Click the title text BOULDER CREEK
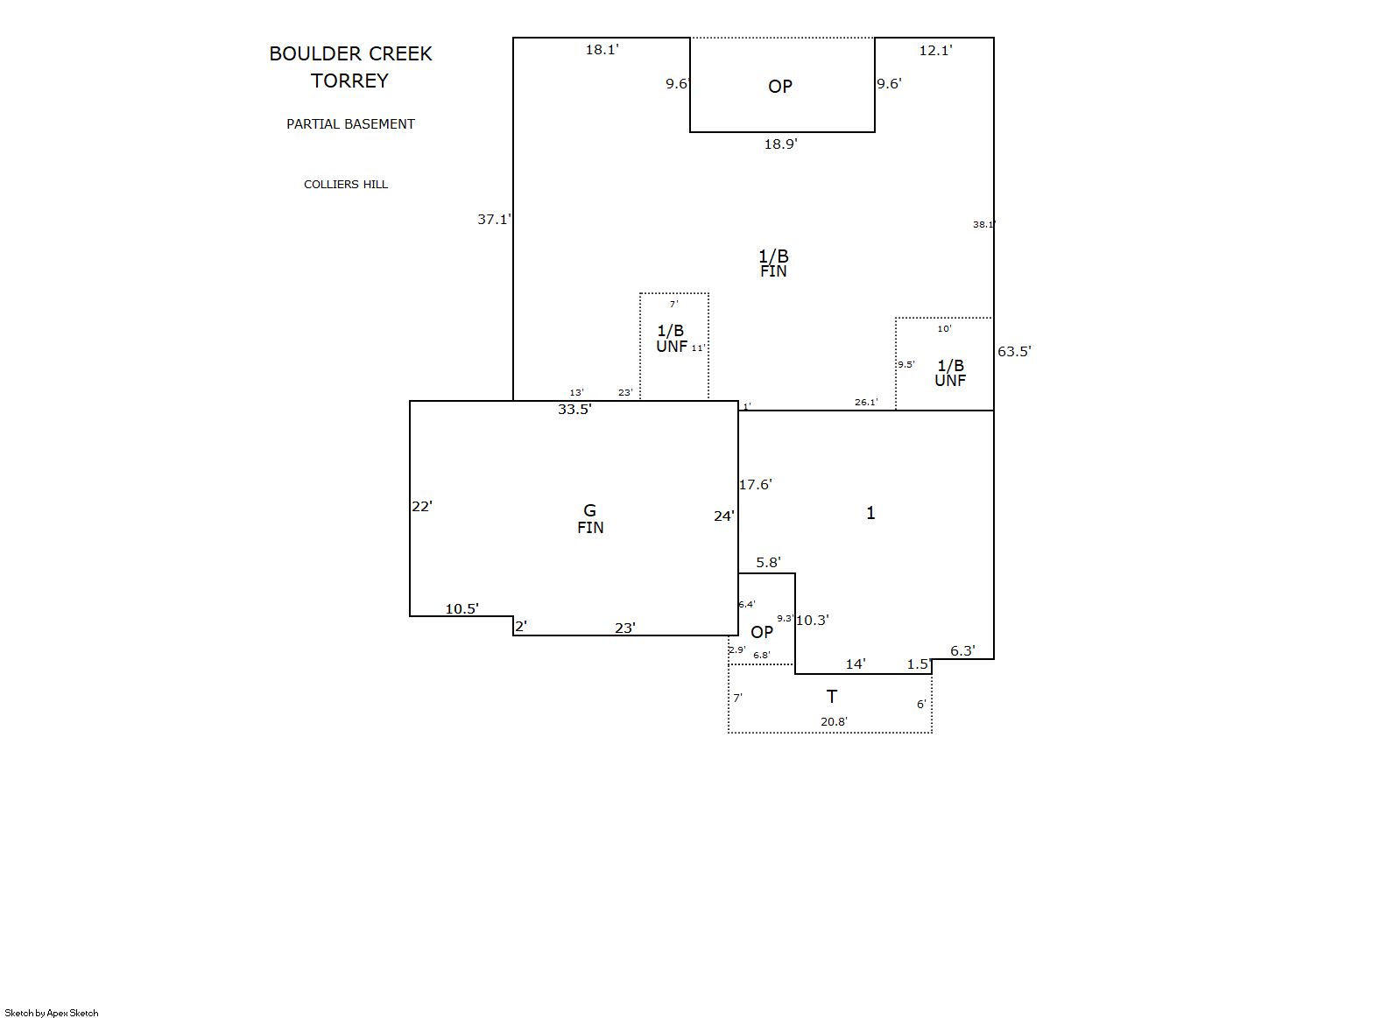tap(350, 54)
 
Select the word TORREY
tap(349, 81)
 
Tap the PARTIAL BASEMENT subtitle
tap(350, 123)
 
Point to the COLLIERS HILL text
tap(346, 184)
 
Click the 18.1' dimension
tap(602, 50)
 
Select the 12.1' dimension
tap(935, 50)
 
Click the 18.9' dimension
tap(781, 144)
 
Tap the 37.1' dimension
tap(494, 219)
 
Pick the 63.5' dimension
tap(1014, 351)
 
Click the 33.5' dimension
tap(575, 409)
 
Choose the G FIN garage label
tap(590, 519)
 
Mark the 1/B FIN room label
tap(773, 263)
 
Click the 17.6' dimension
tap(756, 484)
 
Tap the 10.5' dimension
tap(462, 608)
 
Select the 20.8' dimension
tap(834, 721)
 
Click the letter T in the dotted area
tap(832, 697)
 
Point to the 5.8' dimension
tap(768, 562)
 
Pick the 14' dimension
tap(856, 663)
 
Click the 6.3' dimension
tap(963, 650)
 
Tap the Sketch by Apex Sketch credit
tap(52, 1013)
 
